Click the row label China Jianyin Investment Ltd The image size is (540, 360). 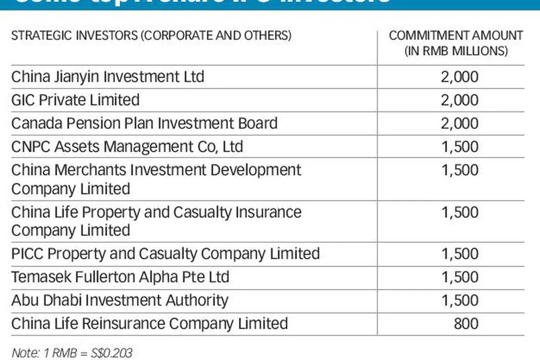(x=108, y=77)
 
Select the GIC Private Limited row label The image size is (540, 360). (x=75, y=100)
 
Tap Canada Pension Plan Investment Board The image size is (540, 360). (x=144, y=123)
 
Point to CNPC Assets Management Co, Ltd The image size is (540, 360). (x=127, y=146)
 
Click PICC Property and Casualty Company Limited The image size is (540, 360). (x=165, y=253)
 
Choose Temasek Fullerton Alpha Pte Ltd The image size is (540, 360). (x=120, y=277)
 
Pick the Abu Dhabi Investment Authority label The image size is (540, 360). (x=119, y=300)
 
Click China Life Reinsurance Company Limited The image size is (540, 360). (x=149, y=324)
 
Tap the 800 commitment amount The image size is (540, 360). (x=466, y=324)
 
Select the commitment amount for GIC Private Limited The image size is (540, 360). (x=459, y=100)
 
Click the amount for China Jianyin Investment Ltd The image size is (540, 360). (x=459, y=77)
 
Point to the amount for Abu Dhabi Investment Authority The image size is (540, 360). (x=459, y=300)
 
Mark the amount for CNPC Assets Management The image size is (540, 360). (x=459, y=146)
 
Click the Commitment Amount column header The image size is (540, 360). (x=456, y=43)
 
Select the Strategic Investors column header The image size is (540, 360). (x=151, y=36)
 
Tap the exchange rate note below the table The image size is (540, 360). (x=72, y=352)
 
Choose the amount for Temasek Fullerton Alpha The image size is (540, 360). (x=459, y=277)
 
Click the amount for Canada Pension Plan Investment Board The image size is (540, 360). (x=459, y=123)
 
